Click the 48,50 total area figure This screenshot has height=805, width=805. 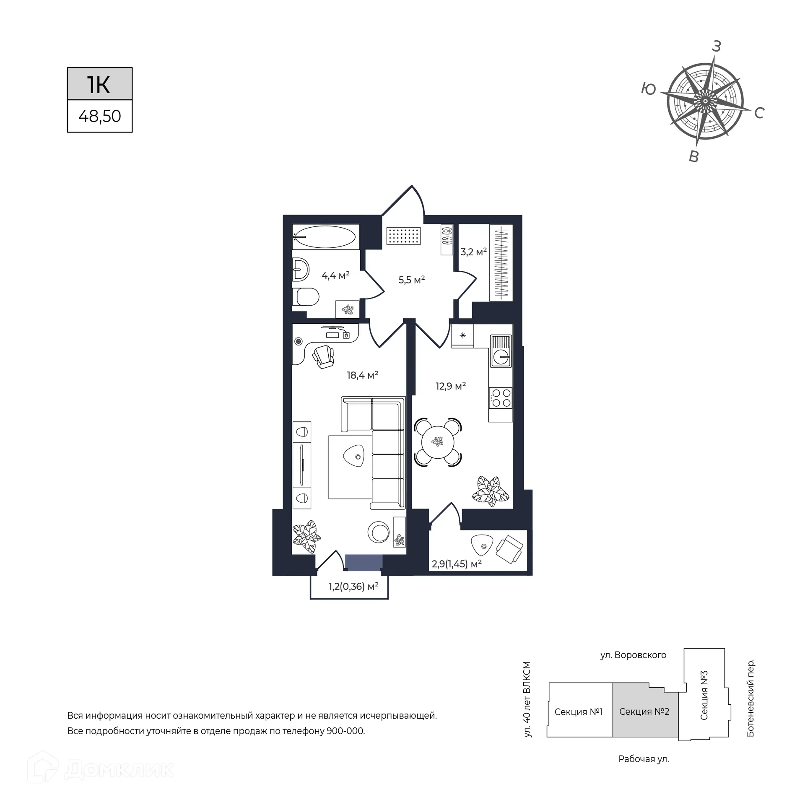pyautogui.click(x=100, y=116)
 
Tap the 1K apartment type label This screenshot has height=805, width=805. pyautogui.click(x=99, y=85)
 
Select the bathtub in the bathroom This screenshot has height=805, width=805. pyautogui.click(x=325, y=237)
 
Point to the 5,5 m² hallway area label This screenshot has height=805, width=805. pyautogui.click(x=412, y=280)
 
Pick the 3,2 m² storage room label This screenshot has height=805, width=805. pyautogui.click(x=474, y=252)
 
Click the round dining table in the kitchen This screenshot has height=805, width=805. pyautogui.click(x=438, y=442)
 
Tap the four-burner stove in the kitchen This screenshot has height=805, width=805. pyautogui.click(x=501, y=398)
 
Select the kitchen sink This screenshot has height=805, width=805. pyautogui.click(x=501, y=351)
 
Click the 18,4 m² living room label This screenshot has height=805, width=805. pyautogui.click(x=363, y=375)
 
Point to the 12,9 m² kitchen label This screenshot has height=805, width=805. pyautogui.click(x=451, y=386)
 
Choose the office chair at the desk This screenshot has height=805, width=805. pyautogui.click(x=323, y=356)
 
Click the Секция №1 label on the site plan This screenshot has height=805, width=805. pyautogui.click(x=579, y=712)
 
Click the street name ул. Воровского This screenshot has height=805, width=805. pyautogui.click(x=633, y=655)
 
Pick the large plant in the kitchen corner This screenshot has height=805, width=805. pyautogui.click(x=491, y=491)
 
